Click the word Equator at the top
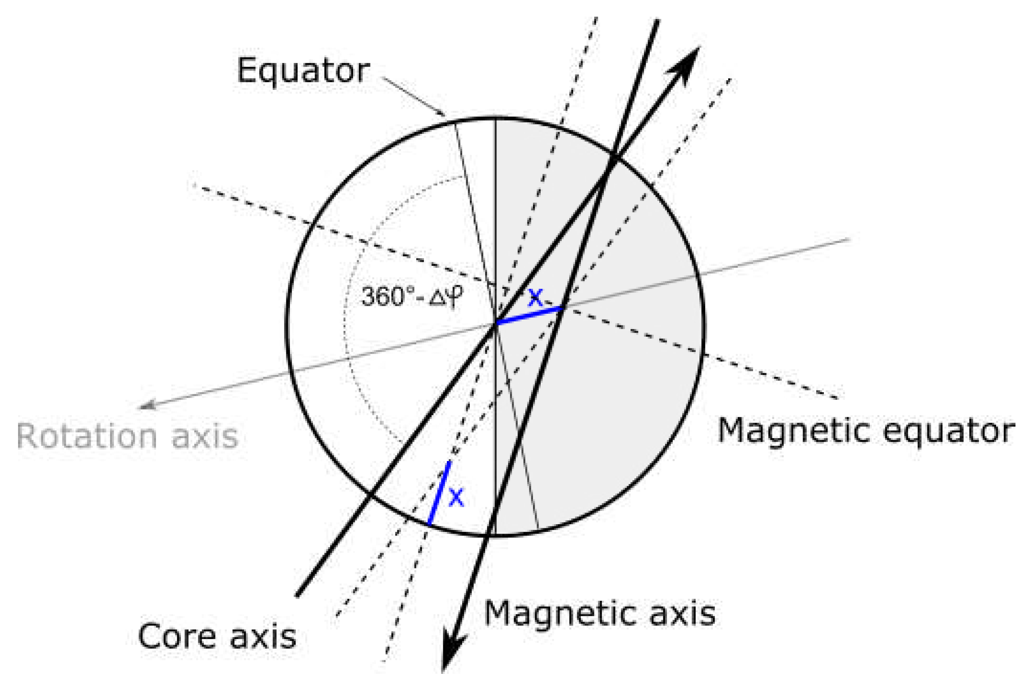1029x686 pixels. [x=303, y=71]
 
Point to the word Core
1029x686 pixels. [x=177, y=636]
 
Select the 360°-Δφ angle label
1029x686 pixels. [x=412, y=297]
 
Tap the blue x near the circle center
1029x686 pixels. [x=535, y=297]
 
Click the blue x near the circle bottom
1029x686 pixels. [x=456, y=498]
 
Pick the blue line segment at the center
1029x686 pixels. [x=528, y=316]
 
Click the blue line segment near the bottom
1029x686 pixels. [x=439, y=493]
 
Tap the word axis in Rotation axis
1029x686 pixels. [x=205, y=436]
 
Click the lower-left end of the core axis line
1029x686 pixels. [x=298, y=595]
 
